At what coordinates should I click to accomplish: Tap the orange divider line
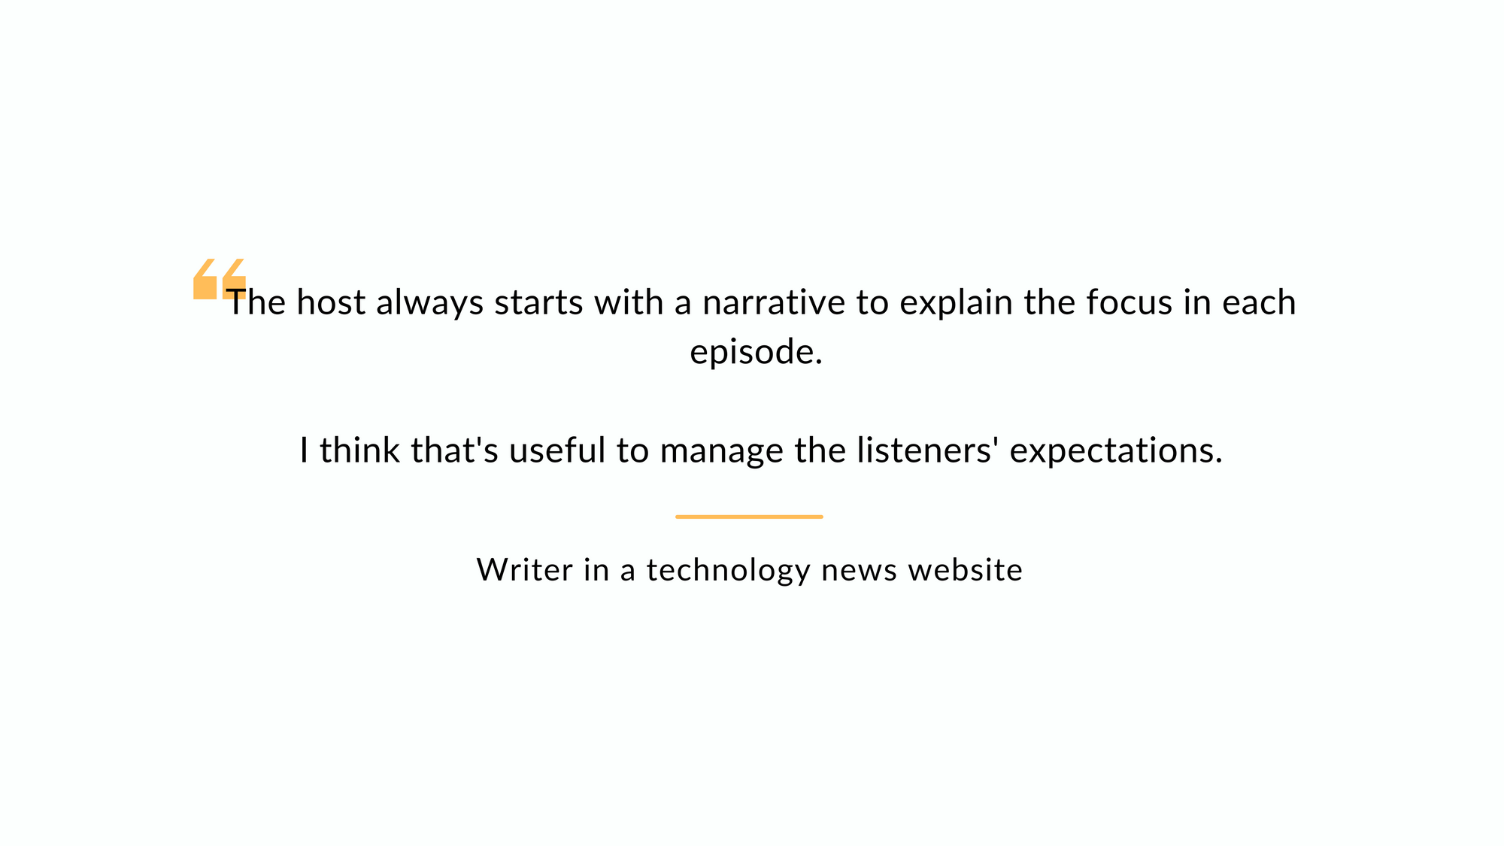[749, 517]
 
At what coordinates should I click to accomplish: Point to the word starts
[539, 303]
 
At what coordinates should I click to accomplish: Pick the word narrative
[774, 303]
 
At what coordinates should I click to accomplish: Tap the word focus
[1130, 302]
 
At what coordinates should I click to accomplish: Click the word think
[360, 450]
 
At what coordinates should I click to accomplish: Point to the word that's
[455, 450]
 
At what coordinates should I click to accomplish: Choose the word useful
[557, 450]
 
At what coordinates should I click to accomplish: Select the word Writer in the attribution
[525, 569]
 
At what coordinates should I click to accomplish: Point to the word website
[966, 569]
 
